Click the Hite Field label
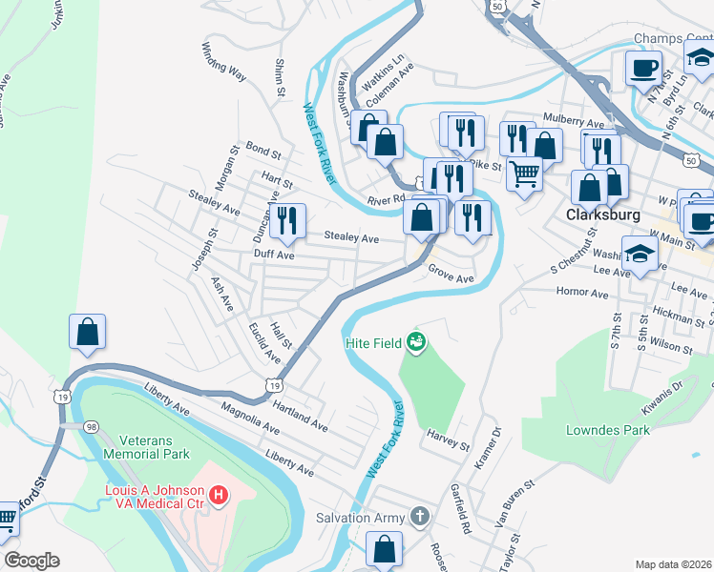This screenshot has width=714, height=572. click(x=373, y=340)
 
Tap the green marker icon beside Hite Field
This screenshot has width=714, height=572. click(x=415, y=340)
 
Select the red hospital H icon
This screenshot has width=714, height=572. click(x=218, y=495)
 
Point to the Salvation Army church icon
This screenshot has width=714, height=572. click(x=418, y=517)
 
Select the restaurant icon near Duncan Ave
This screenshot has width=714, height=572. click(x=287, y=220)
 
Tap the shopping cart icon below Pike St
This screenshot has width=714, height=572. click(x=524, y=174)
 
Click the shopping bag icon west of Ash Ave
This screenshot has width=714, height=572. click(x=87, y=332)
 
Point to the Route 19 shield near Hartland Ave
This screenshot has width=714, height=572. click(x=274, y=385)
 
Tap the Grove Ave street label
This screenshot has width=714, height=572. click(x=451, y=275)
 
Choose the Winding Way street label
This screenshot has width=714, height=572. click(x=225, y=59)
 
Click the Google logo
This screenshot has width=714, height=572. click(x=31, y=561)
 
